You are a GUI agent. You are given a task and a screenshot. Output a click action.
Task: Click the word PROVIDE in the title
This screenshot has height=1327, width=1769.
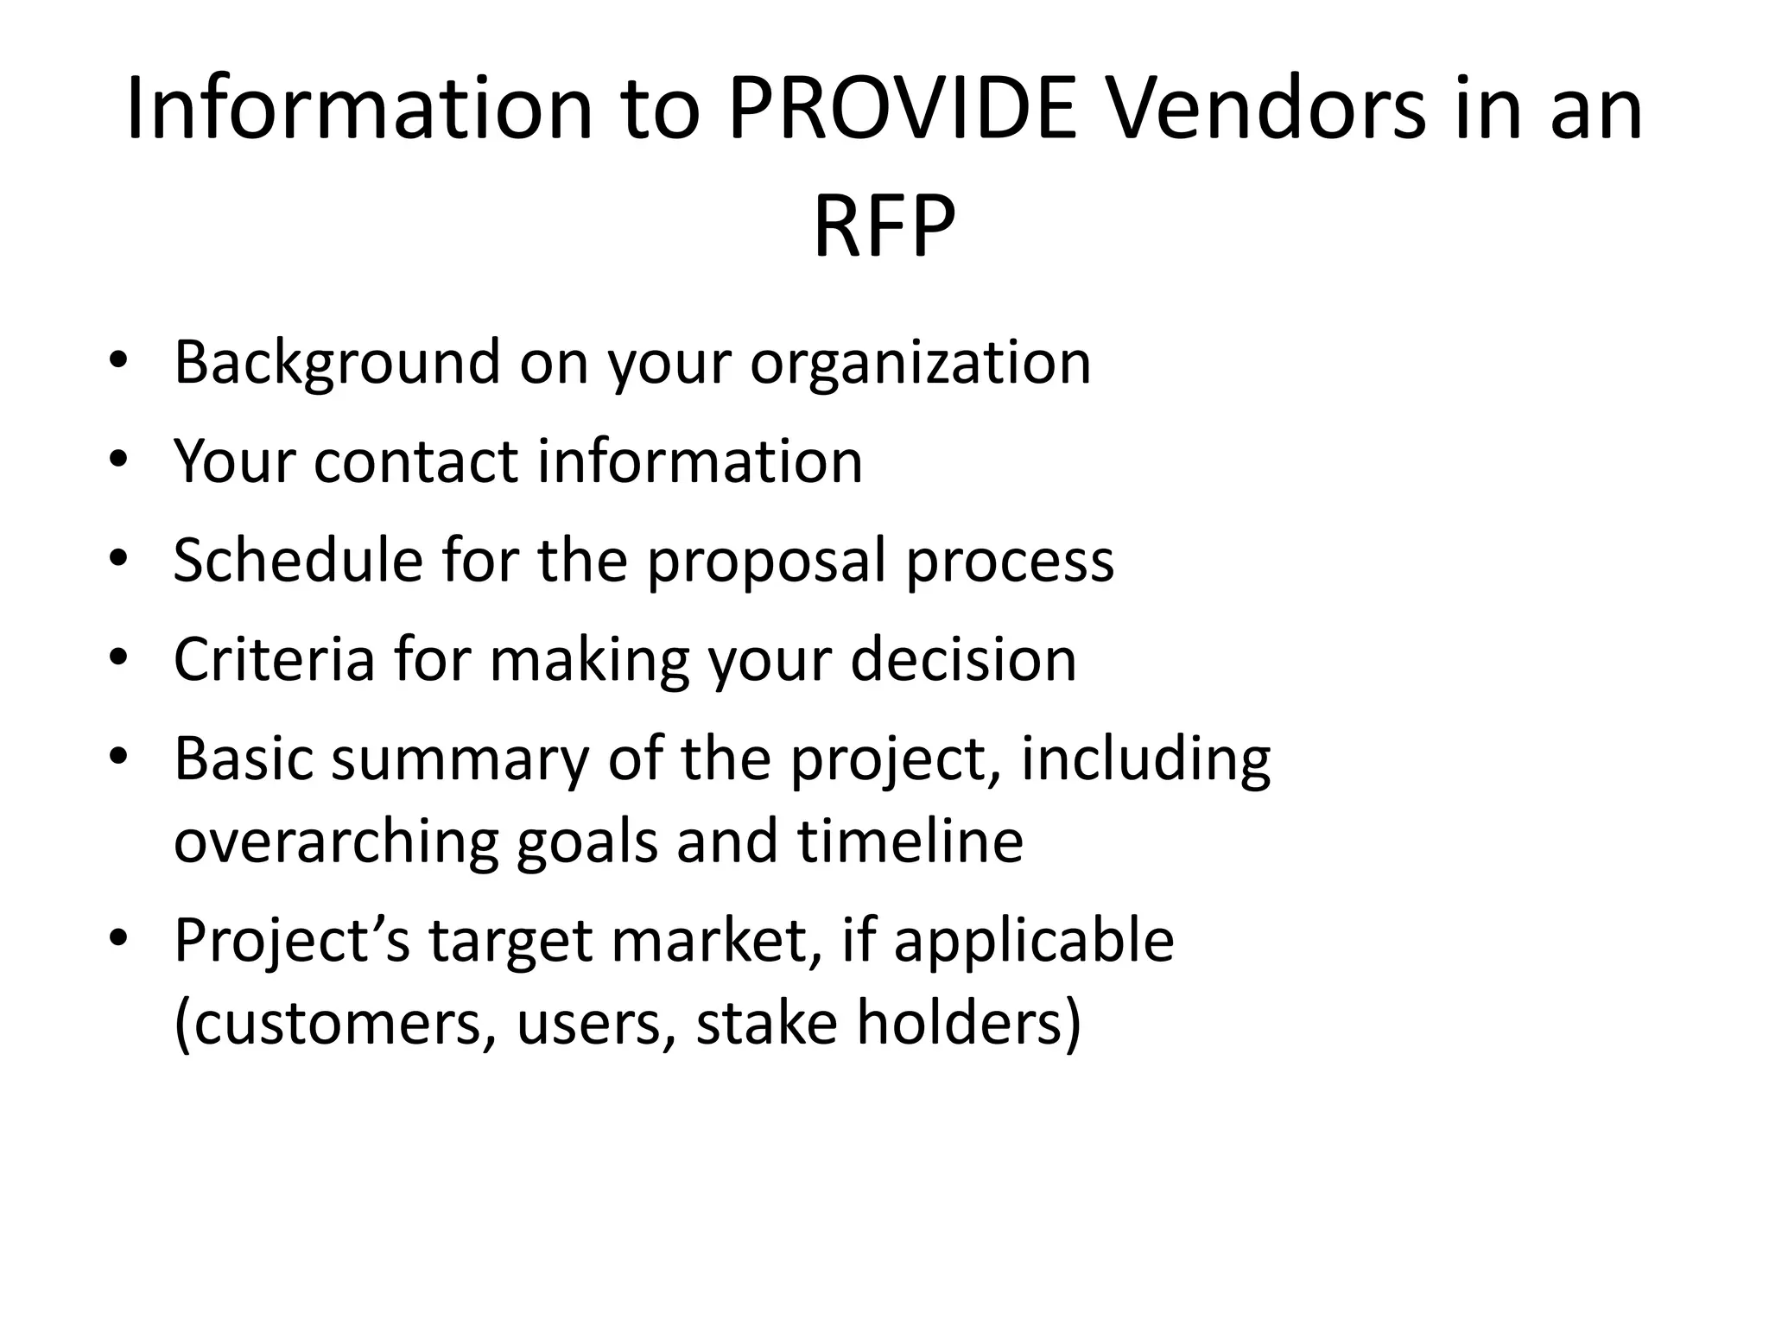click(x=904, y=110)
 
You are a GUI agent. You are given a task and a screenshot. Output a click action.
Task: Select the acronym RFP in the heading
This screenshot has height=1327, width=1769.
click(x=884, y=226)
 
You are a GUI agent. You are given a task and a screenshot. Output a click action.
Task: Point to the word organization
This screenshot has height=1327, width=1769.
click(x=920, y=363)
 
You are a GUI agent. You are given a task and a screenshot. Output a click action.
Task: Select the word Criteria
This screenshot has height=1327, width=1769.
click(x=274, y=659)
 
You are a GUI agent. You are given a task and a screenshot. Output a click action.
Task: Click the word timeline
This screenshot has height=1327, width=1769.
click(x=910, y=841)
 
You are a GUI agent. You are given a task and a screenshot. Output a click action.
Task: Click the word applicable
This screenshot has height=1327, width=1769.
click(x=1034, y=940)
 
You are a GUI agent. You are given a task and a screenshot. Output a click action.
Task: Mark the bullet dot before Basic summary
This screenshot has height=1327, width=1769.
click(x=118, y=757)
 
